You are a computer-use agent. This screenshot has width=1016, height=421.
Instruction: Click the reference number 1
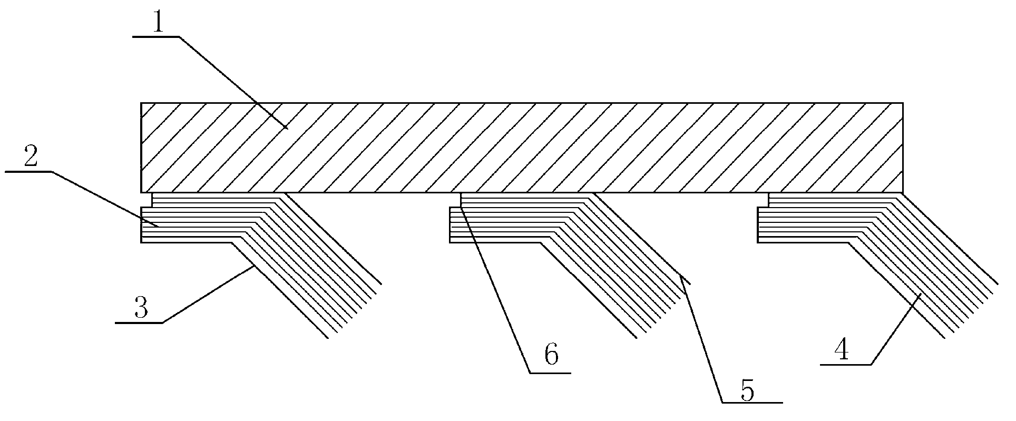pyautogui.click(x=157, y=23)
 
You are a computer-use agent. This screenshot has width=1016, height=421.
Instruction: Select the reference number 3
pyautogui.click(x=141, y=308)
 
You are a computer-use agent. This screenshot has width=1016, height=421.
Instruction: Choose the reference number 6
pyautogui.click(x=551, y=356)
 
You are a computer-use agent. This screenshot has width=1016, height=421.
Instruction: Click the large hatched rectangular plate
pyautogui.click(x=522, y=148)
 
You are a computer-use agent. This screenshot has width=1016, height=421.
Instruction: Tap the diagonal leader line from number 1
pyautogui.click(x=233, y=82)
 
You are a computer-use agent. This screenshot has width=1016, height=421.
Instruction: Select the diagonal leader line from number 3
pyautogui.click(x=207, y=294)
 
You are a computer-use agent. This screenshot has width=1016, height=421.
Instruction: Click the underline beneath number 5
pyautogui.click(x=752, y=403)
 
